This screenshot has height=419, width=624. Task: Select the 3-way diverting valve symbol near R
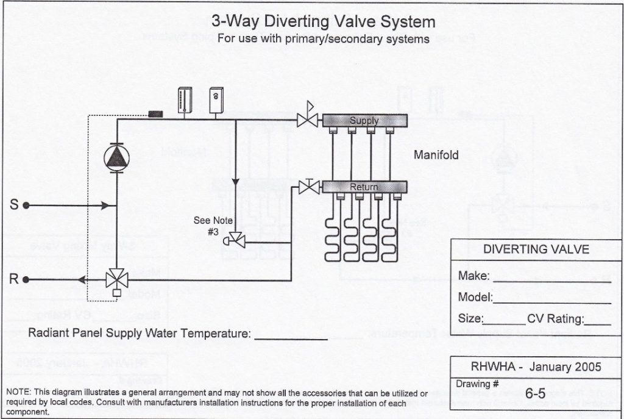(x=115, y=280)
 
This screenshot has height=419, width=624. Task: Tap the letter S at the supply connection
(x=13, y=206)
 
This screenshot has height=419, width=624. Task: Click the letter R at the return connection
(x=13, y=280)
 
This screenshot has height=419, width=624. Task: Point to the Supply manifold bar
(x=364, y=121)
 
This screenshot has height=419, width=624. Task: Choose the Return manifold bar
(x=364, y=187)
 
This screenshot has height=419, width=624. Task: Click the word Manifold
(x=436, y=155)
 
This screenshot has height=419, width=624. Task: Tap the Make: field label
(x=474, y=276)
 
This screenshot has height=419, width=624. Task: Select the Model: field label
(x=475, y=298)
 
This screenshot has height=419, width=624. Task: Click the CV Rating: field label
(x=555, y=319)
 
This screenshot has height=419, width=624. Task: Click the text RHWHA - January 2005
(x=536, y=367)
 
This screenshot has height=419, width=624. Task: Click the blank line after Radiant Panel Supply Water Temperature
(x=291, y=335)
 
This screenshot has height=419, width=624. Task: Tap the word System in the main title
(x=408, y=22)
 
